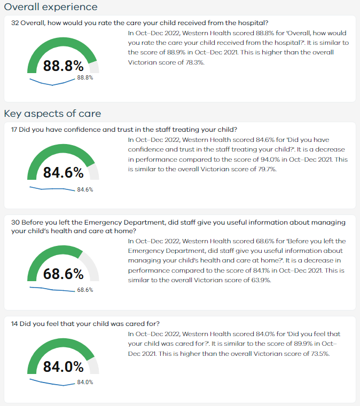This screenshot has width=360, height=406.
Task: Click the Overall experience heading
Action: click(x=51, y=7)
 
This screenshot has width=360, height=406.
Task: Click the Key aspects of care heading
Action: click(x=52, y=114)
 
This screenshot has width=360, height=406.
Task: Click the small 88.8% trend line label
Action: click(x=85, y=77)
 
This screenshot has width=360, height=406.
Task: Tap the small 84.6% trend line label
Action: click(x=85, y=189)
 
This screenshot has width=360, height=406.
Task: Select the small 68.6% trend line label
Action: click(x=85, y=290)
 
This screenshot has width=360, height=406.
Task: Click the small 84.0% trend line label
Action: click(x=85, y=382)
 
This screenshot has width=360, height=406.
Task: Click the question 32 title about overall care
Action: click(x=139, y=23)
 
